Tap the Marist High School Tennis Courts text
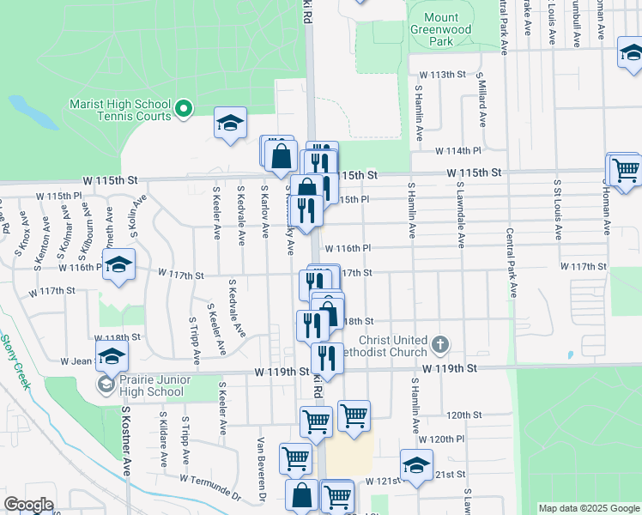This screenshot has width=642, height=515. pyautogui.click(x=120, y=109)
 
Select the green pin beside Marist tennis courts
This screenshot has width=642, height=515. pyautogui.click(x=184, y=109)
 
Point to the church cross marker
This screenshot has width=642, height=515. pyautogui.click(x=439, y=345)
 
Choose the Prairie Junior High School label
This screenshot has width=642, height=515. pyautogui.click(x=152, y=385)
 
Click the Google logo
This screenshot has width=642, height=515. pyautogui.click(x=28, y=504)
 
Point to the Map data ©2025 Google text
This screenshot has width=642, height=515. pyautogui.click(x=587, y=508)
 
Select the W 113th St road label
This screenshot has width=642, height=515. pyautogui.click(x=441, y=75)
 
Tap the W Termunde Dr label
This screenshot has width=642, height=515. pyautogui.click(x=211, y=486)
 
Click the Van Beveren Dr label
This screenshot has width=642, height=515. pyautogui.click(x=261, y=468)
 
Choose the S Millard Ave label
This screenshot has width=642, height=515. pyautogui.click(x=482, y=100)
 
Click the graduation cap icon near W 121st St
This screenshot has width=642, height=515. pyautogui.click(x=416, y=465)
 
